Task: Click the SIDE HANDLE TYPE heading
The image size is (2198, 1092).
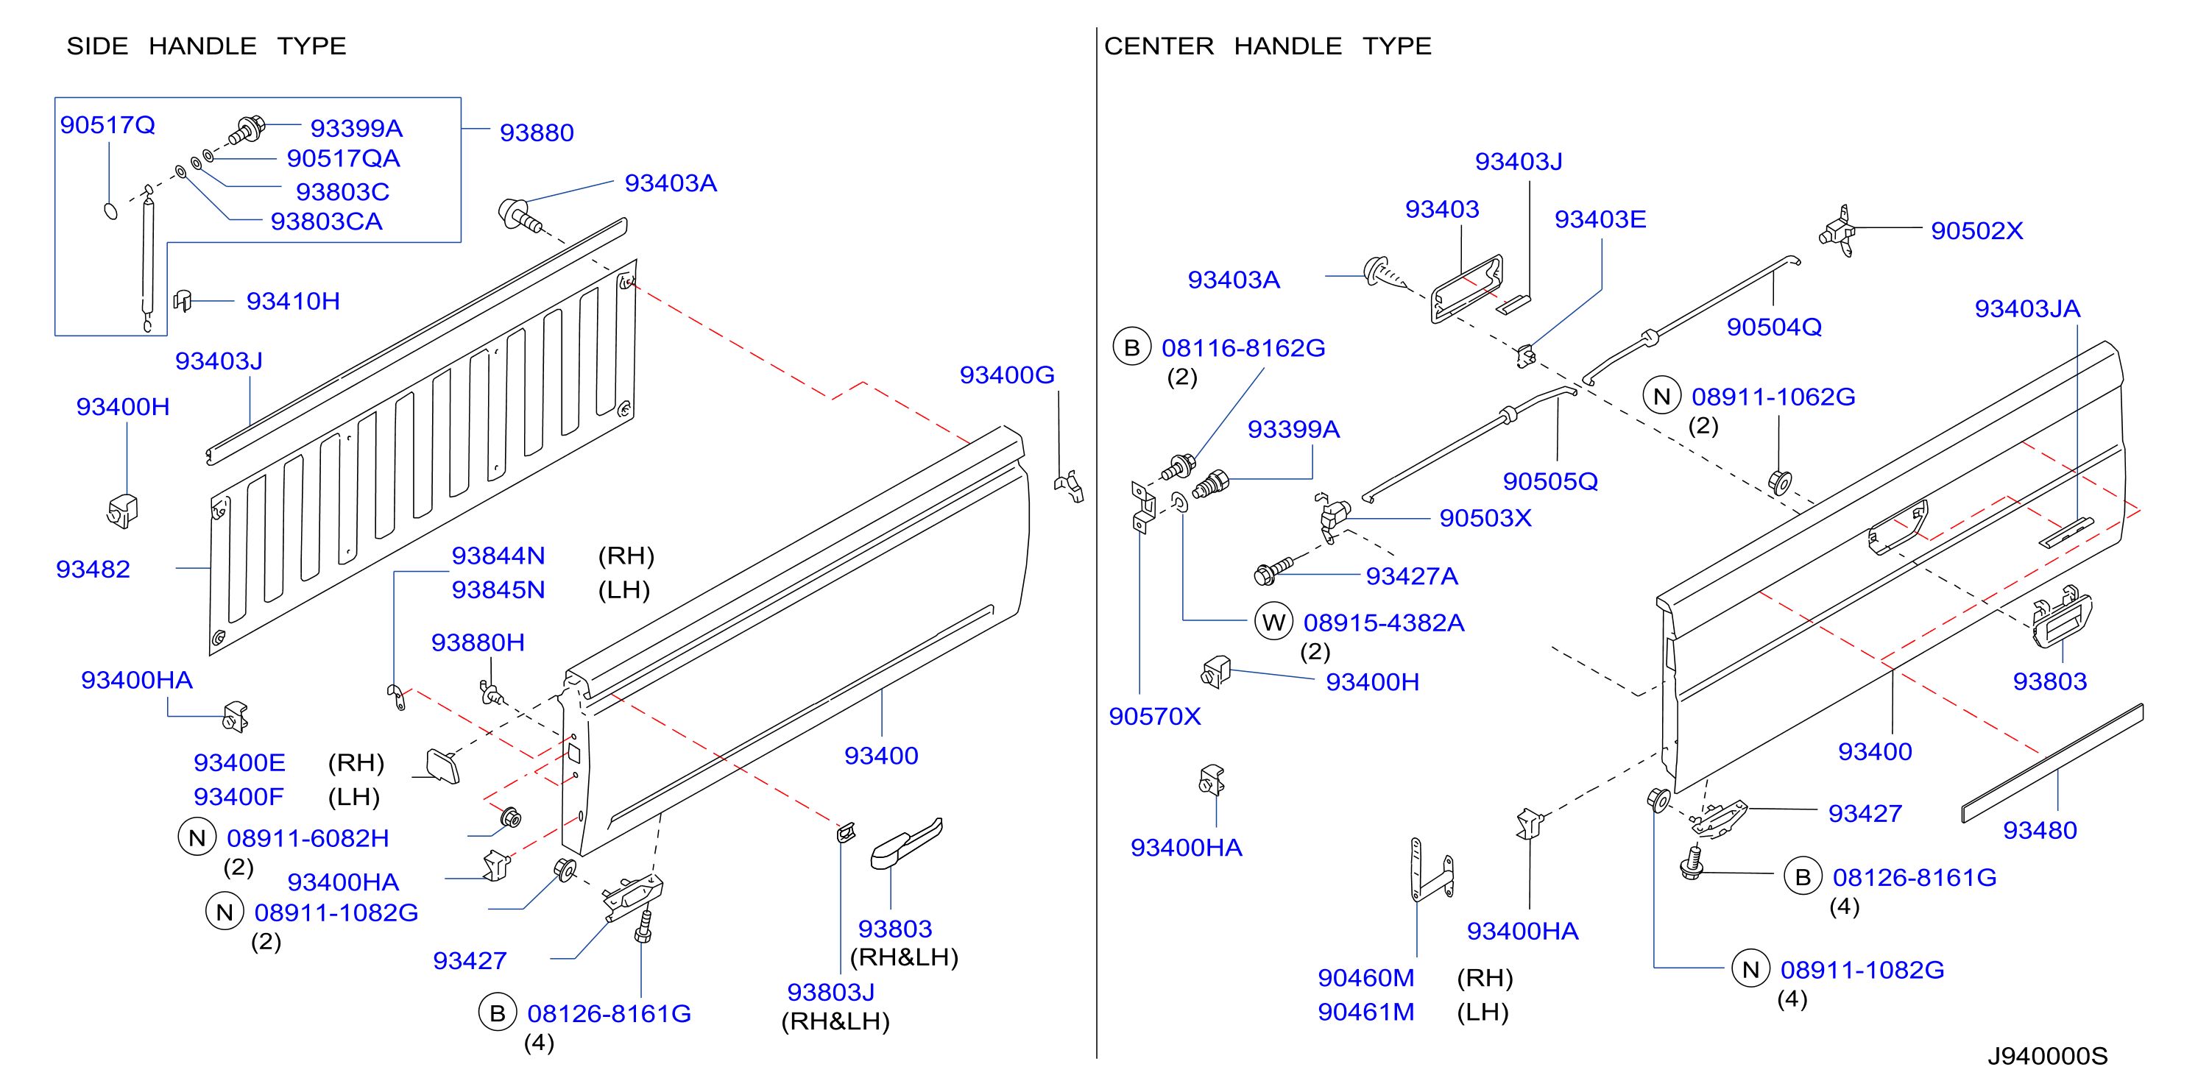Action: (207, 46)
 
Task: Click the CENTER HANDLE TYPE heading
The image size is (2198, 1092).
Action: (1268, 46)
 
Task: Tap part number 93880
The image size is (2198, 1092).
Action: (537, 133)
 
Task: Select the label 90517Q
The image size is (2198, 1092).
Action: (107, 125)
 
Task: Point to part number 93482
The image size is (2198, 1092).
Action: (93, 569)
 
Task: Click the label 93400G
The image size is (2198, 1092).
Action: (1007, 375)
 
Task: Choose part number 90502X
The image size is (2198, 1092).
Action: (1977, 231)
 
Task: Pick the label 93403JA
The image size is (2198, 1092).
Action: (2027, 309)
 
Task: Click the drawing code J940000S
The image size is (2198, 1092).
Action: (2048, 1056)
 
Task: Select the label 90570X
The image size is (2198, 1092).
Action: (1154, 717)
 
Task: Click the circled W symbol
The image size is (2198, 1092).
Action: (1273, 622)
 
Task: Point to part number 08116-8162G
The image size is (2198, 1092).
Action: (1243, 348)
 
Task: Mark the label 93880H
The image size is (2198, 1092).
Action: (478, 642)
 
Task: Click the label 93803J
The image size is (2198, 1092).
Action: (830, 992)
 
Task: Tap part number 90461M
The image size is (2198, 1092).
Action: (1366, 1012)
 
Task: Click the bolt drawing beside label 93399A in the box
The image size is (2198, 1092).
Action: (247, 130)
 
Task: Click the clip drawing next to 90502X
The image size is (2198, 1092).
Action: (1838, 231)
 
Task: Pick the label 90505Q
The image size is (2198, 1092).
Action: (1550, 482)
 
